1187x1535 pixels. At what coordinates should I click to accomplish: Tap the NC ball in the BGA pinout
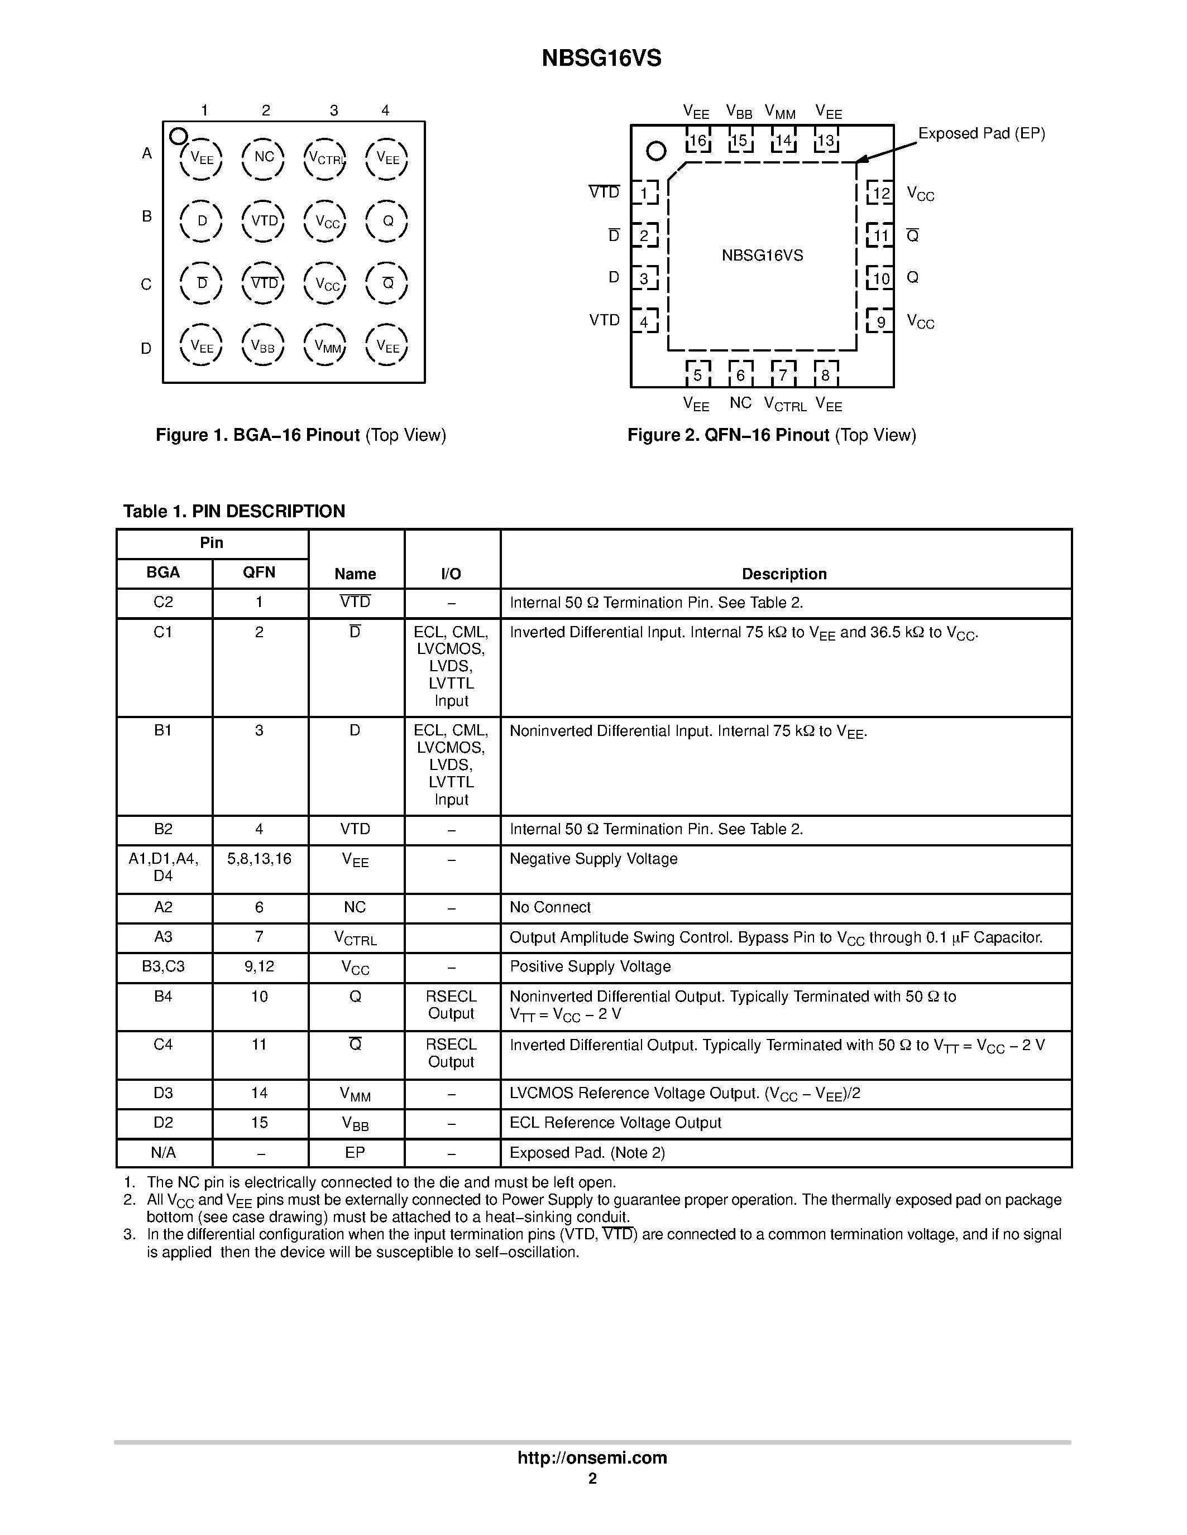coord(264,157)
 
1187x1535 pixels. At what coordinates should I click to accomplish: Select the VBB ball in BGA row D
coord(263,346)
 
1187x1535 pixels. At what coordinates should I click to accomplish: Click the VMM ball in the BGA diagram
coord(326,346)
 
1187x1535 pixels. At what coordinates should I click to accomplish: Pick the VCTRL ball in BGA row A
coord(326,157)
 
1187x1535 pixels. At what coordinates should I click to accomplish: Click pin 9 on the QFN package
coord(880,322)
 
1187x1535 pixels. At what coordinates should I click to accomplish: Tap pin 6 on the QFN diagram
coord(740,374)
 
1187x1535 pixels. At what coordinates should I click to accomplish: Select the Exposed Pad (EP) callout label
coord(981,133)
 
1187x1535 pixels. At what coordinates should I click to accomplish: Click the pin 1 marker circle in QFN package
coord(655,151)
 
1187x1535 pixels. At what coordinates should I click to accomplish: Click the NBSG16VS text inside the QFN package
coord(762,256)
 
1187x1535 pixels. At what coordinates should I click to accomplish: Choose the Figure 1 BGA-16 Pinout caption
coord(301,435)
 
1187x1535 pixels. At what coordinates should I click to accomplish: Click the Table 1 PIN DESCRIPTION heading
coord(234,511)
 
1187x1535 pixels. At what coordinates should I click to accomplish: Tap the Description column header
coord(784,574)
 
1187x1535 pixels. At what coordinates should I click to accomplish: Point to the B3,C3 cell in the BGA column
coord(163,966)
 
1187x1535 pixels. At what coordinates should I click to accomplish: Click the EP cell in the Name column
coord(355,1153)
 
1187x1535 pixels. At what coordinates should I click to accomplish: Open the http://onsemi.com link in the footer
coord(592,1457)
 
